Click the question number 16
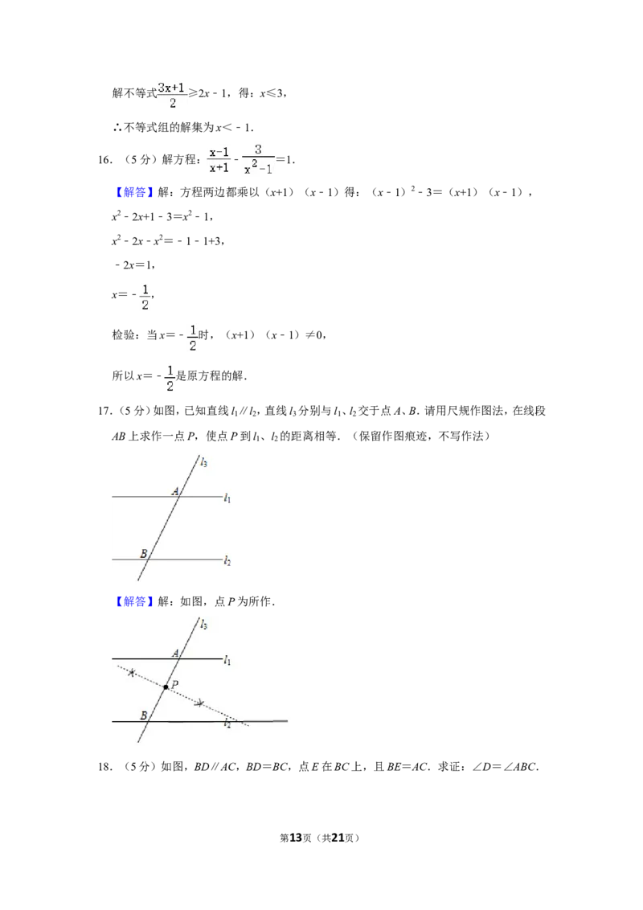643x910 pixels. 105,160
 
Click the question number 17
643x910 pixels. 105,412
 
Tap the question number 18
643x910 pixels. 105,767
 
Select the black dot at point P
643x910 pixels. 166,687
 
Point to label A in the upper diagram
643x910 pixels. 175,491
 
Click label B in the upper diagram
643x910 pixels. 143,554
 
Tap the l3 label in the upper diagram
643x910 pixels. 203,462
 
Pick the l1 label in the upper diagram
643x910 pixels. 227,498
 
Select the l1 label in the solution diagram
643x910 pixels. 227,661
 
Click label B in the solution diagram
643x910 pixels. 143,715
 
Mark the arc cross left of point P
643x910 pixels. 133,673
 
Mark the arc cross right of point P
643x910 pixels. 199,703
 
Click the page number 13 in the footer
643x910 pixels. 296,838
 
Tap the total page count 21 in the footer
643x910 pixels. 338,838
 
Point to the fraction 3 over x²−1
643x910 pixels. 258,159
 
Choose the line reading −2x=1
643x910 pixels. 135,265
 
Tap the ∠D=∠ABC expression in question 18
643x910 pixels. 506,767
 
